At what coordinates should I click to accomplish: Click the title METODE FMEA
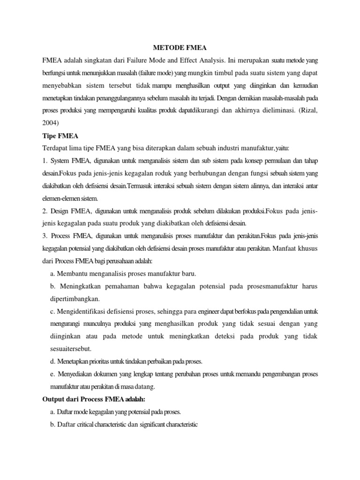pos(180,47)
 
